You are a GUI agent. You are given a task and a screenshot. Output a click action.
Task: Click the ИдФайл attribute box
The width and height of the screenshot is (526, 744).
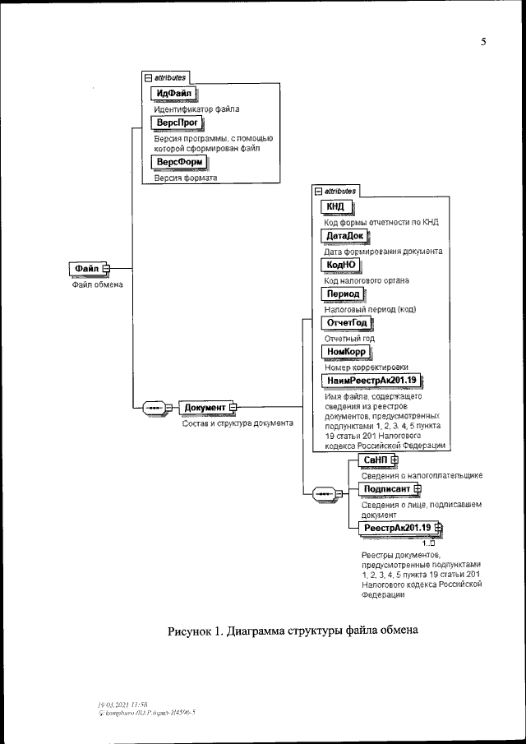[168, 93]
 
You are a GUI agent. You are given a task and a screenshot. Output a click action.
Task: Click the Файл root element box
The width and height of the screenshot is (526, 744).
[86, 268]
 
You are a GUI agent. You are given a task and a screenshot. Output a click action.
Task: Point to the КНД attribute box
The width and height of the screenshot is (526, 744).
[335, 206]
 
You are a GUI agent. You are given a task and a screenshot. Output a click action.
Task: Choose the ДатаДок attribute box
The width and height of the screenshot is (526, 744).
[344, 236]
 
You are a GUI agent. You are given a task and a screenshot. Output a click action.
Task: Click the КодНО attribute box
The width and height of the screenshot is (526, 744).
[339, 265]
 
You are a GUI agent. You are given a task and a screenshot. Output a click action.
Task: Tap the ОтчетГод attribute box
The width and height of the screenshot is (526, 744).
[346, 322]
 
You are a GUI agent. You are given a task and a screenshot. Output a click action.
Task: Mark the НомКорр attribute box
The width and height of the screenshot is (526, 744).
[345, 351]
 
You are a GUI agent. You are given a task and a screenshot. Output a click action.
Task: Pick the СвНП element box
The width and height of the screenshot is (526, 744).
[374, 460]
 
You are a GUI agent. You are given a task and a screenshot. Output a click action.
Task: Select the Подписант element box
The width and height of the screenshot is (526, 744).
[386, 489]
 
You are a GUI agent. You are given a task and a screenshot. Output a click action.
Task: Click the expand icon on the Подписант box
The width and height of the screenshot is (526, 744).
[417, 489]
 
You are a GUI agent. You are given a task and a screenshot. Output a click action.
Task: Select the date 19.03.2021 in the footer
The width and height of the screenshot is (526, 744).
[110, 705]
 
